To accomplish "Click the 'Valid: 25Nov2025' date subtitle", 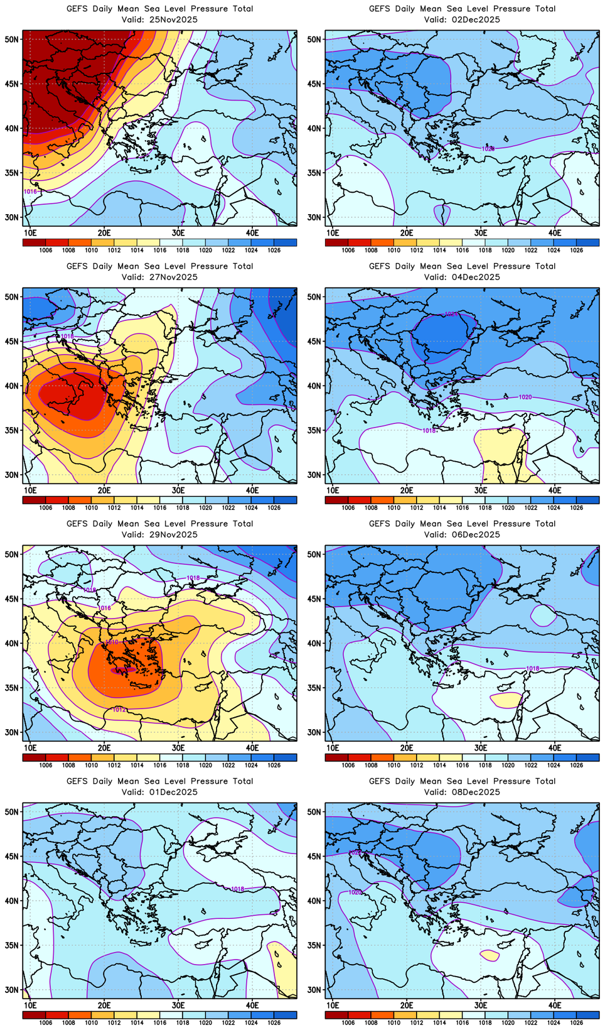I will [x=159, y=19].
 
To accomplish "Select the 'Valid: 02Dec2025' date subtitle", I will [x=462, y=19].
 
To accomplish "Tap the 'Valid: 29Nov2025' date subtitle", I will [x=159, y=534].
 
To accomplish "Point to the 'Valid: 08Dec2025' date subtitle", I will [x=462, y=792].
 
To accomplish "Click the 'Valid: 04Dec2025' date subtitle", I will [x=462, y=277].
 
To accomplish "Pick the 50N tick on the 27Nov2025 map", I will [x=13, y=296].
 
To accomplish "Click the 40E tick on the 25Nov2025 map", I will [x=252, y=232].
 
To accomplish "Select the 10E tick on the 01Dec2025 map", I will [x=30, y=1005].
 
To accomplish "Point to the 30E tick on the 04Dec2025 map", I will [x=481, y=490].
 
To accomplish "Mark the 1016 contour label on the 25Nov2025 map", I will [x=30, y=191].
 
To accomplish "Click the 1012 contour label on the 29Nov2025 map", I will [x=119, y=710].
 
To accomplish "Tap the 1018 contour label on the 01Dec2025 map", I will [x=237, y=889].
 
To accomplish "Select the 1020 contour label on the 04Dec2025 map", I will [x=525, y=397].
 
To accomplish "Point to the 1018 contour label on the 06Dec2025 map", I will [x=532, y=668].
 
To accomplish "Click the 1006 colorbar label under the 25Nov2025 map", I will [x=46, y=250].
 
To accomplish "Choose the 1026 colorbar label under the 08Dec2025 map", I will [x=577, y=1022].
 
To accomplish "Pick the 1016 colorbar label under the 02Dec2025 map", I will [x=463, y=250].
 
